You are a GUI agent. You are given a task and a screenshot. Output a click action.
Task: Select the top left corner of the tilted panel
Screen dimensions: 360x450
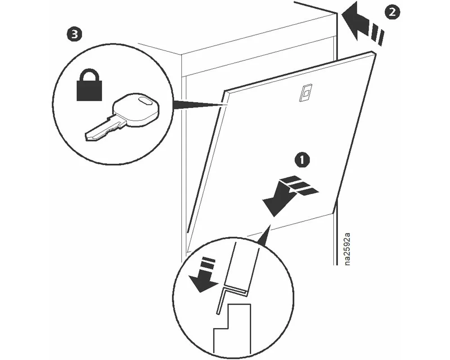click(225, 91)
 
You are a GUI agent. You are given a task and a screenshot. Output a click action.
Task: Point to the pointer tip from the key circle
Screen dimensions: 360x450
click(224, 105)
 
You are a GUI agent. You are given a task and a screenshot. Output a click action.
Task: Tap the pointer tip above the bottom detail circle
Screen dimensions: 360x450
click(270, 225)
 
